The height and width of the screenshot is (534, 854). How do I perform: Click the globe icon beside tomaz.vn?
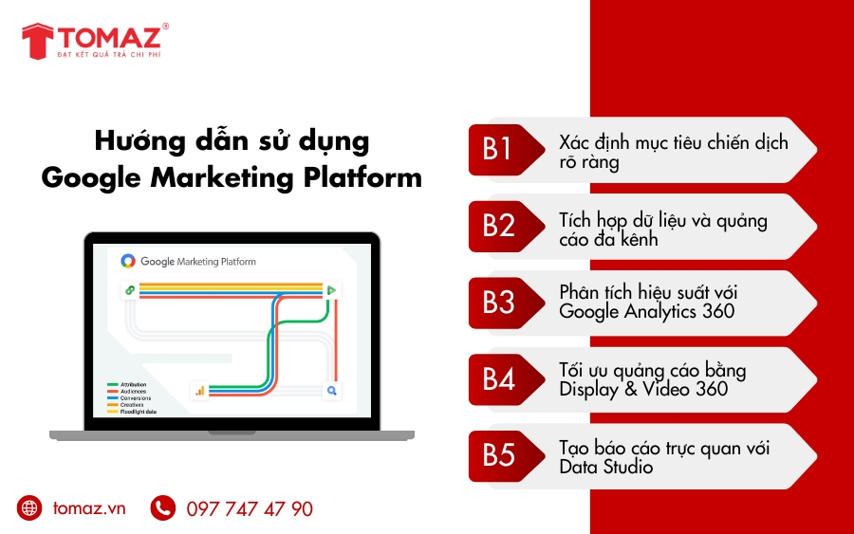click(30, 508)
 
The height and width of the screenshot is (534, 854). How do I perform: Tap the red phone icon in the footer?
click(163, 508)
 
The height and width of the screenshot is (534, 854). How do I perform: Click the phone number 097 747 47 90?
click(250, 509)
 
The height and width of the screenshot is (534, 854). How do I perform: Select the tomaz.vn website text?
click(90, 508)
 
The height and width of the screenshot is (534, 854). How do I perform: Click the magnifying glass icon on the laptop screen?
click(332, 390)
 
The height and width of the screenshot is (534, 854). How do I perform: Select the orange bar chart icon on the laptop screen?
click(200, 390)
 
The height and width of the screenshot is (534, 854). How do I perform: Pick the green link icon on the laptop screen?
click(128, 290)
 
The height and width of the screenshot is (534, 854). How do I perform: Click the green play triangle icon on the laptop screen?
click(332, 290)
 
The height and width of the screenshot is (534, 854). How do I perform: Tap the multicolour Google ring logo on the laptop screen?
click(128, 261)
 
